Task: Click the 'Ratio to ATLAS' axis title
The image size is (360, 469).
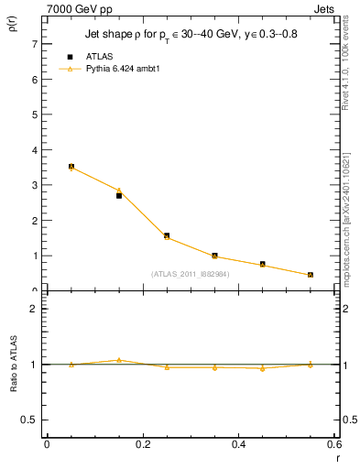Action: (x=13, y=365)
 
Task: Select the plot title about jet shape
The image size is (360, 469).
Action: (x=190, y=35)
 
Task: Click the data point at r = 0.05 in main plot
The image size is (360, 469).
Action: (x=71, y=167)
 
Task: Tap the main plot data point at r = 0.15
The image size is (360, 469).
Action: (x=119, y=195)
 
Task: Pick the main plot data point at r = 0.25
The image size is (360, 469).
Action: (x=167, y=235)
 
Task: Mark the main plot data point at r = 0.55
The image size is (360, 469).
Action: (x=311, y=275)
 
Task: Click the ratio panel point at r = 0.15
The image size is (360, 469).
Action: (x=119, y=360)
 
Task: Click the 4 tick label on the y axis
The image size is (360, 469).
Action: (x=34, y=150)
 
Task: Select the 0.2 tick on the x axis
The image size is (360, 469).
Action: (x=142, y=444)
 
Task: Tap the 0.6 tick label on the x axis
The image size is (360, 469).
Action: (x=333, y=444)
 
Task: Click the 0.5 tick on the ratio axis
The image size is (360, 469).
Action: (x=30, y=420)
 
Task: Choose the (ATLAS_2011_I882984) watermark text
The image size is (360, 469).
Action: (x=190, y=273)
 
